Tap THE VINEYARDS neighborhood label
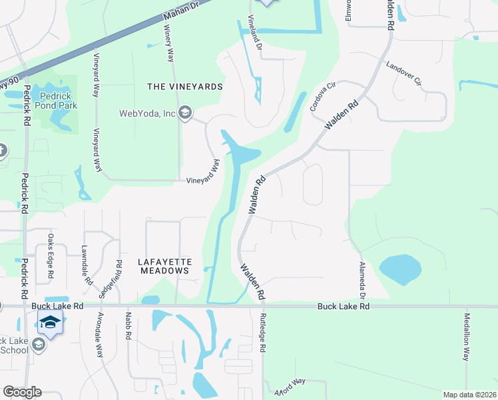[184, 87]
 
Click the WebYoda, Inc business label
[147, 113]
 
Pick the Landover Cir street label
[405, 75]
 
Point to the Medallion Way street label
[467, 337]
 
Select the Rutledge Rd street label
[263, 333]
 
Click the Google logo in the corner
[23, 392]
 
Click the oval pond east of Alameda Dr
[400, 269]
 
